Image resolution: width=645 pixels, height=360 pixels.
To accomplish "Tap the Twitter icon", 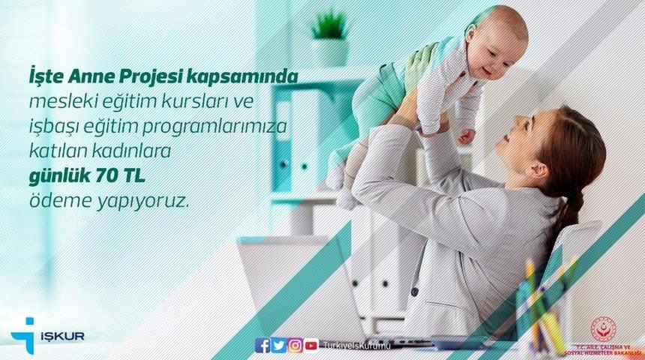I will click(279, 345).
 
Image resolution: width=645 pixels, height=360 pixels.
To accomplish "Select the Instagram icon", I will click(295, 345).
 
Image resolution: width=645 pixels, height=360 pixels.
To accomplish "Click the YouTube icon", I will click(311, 345).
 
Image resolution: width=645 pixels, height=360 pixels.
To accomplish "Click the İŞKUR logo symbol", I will click(23, 332).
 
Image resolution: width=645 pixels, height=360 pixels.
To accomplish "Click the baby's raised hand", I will click(466, 136).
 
